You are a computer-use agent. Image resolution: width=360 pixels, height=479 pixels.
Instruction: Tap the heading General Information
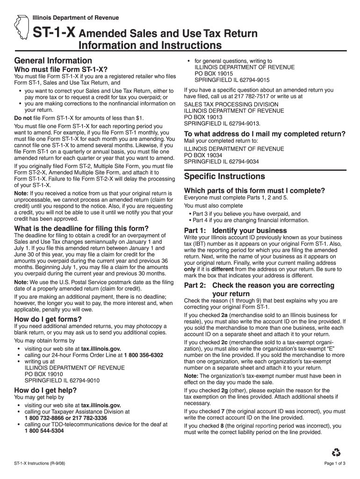click(x=53, y=61)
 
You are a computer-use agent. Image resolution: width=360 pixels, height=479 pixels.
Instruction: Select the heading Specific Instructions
click(x=224, y=176)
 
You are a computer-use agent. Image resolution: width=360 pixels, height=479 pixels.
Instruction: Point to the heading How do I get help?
click(x=45, y=391)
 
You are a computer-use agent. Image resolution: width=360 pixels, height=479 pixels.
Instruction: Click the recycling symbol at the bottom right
click(x=336, y=452)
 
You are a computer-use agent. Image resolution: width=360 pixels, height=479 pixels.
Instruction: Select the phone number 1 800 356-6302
click(x=144, y=356)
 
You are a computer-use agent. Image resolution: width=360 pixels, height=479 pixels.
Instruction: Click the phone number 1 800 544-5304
click(x=44, y=431)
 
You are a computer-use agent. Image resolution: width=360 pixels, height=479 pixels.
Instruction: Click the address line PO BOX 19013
click(x=203, y=117)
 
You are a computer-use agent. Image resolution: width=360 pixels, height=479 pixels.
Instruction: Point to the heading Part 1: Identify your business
click(x=236, y=231)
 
